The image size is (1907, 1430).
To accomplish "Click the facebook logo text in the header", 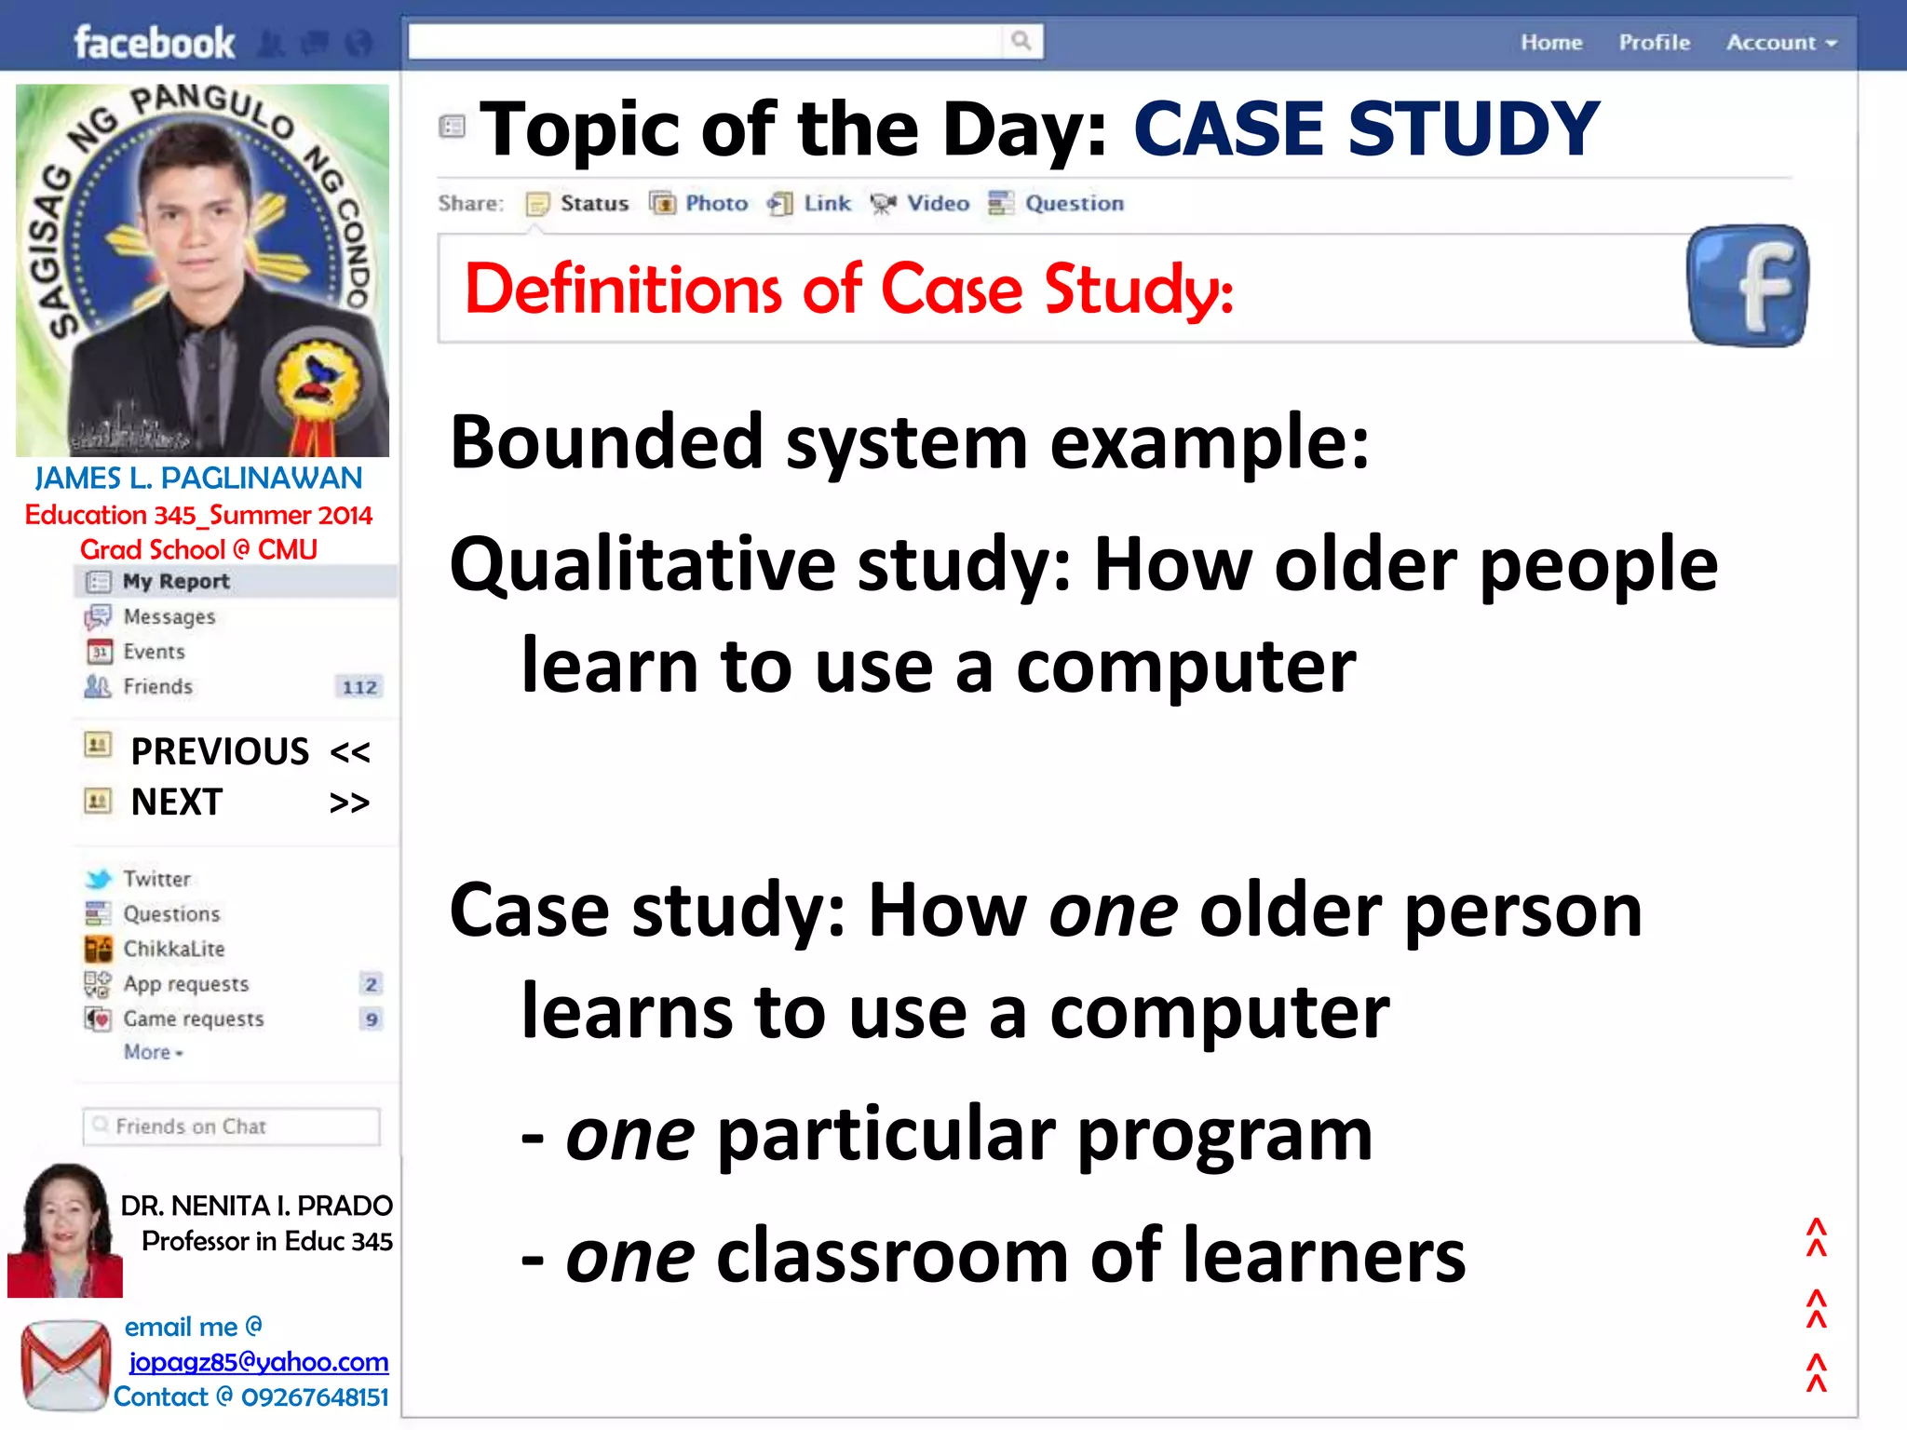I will pyautogui.click(x=155, y=43).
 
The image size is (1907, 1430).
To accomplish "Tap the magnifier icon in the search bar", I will pyautogui.click(x=1021, y=41).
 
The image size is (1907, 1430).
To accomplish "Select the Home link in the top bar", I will pyautogui.click(x=1551, y=43).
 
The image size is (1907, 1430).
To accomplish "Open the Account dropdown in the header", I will pyautogui.click(x=1780, y=43).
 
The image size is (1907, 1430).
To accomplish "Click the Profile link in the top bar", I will pyautogui.click(x=1654, y=43).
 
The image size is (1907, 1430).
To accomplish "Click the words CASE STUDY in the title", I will pyautogui.click(x=1365, y=129).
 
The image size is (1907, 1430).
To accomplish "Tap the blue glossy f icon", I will pyautogui.click(x=1748, y=286).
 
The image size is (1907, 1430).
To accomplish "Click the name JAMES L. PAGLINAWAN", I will pyautogui.click(x=198, y=479).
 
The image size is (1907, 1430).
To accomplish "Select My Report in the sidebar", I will pyautogui.click(x=175, y=582).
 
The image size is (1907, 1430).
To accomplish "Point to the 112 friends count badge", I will pyautogui.click(x=359, y=688).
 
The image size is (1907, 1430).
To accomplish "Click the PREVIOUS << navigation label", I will pyautogui.click(x=250, y=751).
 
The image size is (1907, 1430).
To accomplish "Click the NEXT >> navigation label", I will pyautogui.click(x=250, y=803).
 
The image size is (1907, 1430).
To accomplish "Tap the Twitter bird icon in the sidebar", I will pyautogui.click(x=98, y=879).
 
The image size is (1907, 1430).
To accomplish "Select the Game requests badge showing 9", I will pyautogui.click(x=371, y=1019).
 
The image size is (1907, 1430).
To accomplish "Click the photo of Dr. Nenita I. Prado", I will pyautogui.click(x=65, y=1230).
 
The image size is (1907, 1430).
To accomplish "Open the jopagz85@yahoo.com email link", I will pyautogui.click(x=258, y=1362).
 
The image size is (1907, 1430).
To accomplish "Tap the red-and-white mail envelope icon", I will pyautogui.click(x=65, y=1365).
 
